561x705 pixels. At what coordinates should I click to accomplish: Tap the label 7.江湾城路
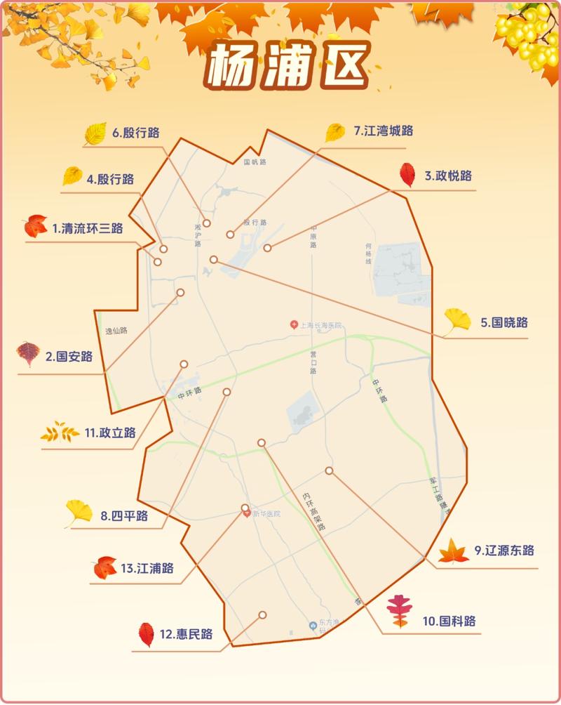click(383, 131)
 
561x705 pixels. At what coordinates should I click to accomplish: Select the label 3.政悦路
click(448, 176)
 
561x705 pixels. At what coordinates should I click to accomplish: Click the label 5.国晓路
click(504, 323)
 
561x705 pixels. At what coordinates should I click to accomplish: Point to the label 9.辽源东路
click(504, 550)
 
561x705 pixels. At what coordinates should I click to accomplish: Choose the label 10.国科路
click(449, 621)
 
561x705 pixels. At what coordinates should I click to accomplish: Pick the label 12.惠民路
click(186, 634)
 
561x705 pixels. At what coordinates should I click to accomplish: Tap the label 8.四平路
click(124, 516)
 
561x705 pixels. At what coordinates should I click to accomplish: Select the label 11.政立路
click(110, 433)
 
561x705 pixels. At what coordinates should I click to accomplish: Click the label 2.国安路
click(69, 357)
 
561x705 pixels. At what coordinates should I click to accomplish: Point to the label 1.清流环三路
click(88, 228)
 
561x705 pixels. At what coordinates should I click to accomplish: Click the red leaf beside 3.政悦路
click(407, 175)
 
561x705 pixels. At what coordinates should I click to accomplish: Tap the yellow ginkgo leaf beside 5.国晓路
click(458, 321)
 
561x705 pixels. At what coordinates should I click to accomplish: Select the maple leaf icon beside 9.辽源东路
click(454, 551)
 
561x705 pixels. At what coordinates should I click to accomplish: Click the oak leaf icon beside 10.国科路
click(400, 612)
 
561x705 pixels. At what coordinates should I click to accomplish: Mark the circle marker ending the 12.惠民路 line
click(262, 614)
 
